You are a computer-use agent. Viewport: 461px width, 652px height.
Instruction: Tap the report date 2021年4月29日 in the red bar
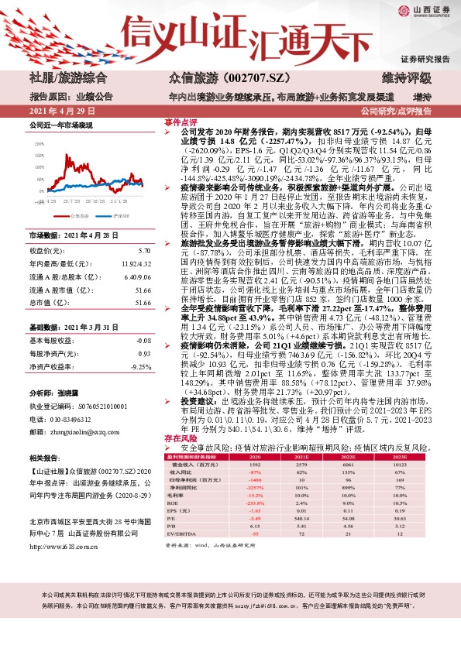pyautogui.click(x=58, y=111)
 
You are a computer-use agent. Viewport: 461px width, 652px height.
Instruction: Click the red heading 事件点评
pyautogui.click(x=180, y=122)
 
